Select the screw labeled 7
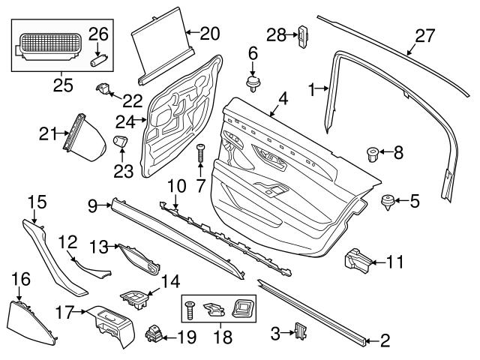(x=201, y=156)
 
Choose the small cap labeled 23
(x=120, y=141)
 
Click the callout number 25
(x=64, y=84)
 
